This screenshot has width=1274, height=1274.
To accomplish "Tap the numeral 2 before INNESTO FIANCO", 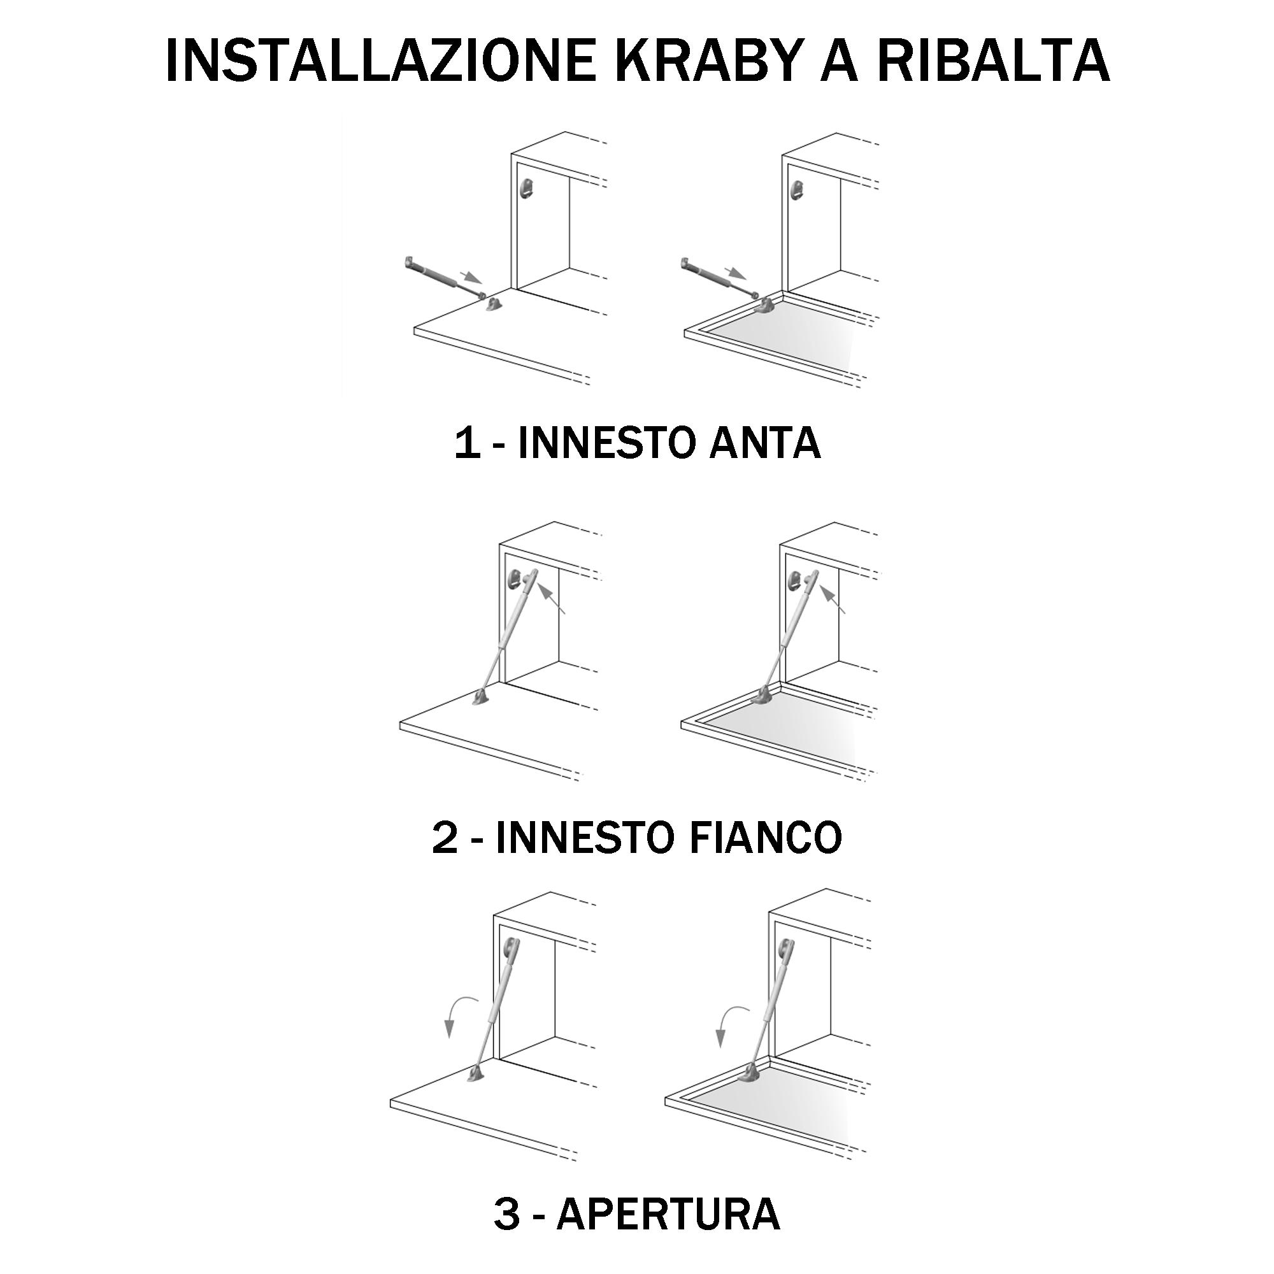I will [445, 838].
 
